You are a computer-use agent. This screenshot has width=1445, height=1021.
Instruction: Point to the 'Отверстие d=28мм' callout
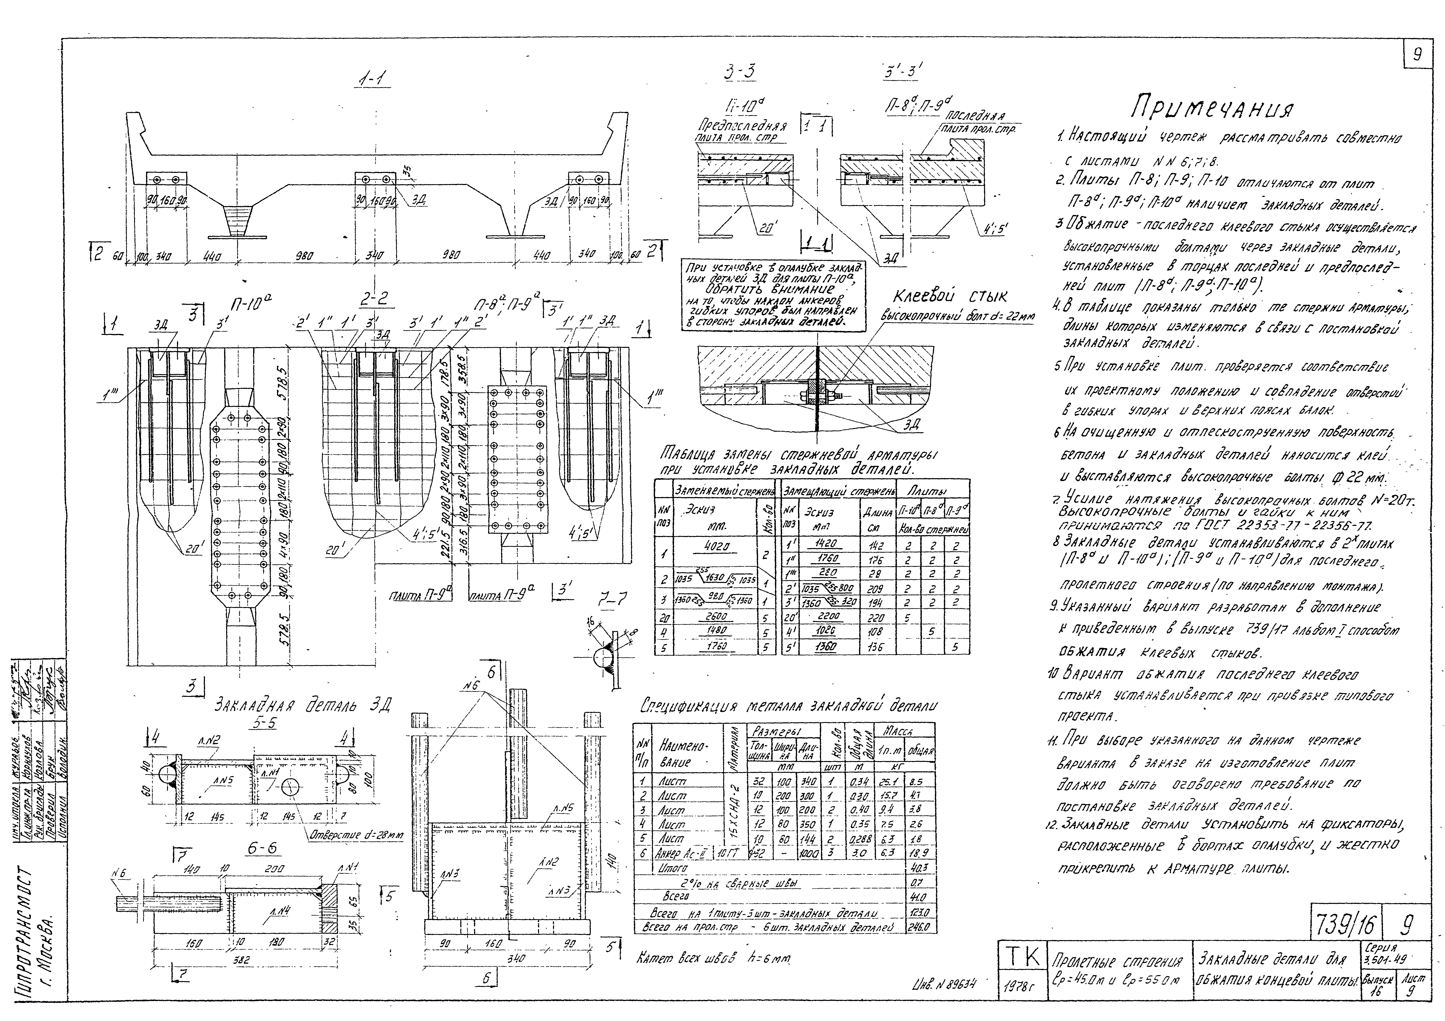[355, 835]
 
